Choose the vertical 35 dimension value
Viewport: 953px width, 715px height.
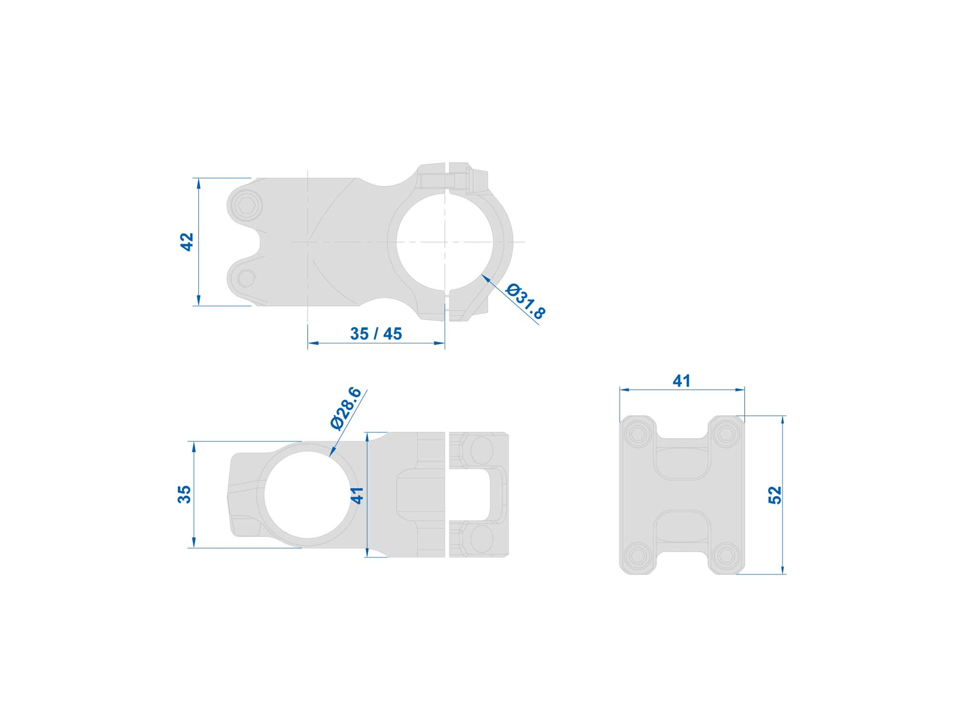pyautogui.click(x=184, y=494)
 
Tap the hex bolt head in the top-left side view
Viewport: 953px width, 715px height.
pyautogui.click(x=246, y=206)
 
